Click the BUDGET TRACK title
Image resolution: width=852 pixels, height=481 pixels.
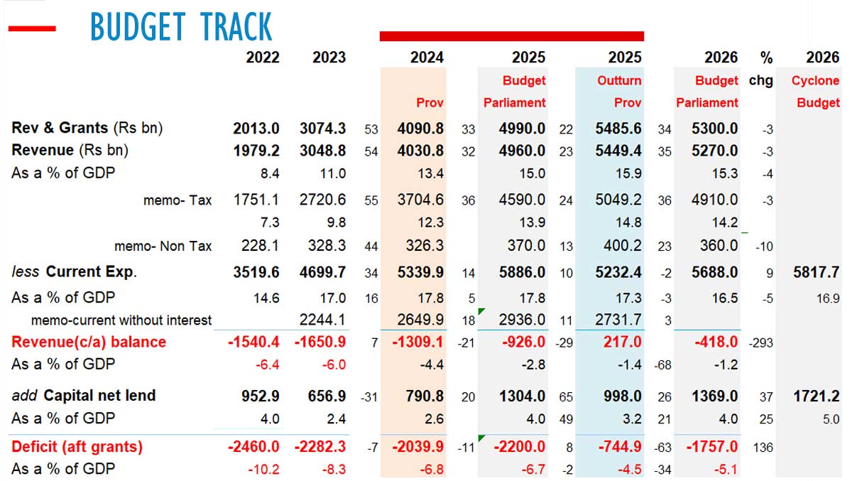pyautogui.click(x=181, y=28)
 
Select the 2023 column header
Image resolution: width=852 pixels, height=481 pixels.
pyautogui.click(x=329, y=58)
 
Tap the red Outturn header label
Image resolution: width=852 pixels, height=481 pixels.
pyautogui.click(x=619, y=80)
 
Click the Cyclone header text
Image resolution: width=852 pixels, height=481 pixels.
pyautogui.click(x=815, y=80)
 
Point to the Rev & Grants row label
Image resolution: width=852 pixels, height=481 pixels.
pyautogui.click(x=87, y=129)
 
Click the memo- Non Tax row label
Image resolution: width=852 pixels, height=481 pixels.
pyautogui.click(x=163, y=247)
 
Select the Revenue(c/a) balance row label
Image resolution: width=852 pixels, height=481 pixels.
pyautogui.click(x=89, y=342)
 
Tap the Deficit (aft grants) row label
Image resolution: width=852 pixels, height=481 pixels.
pyautogui.click(x=77, y=447)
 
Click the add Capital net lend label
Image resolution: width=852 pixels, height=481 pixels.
pyautogui.click(x=83, y=396)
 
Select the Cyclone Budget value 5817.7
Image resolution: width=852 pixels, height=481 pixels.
pyautogui.click(x=816, y=272)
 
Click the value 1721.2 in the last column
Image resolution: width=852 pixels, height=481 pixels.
pyautogui.click(x=816, y=396)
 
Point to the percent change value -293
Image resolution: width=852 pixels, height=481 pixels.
pyautogui.click(x=760, y=342)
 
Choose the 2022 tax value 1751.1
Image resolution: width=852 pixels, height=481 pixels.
pyautogui.click(x=258, y=200)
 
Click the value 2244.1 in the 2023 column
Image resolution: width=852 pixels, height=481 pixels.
pyautogui.click(x=323, y=320)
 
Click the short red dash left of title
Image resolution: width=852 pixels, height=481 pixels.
pyautogui.click(x=31, y=28)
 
